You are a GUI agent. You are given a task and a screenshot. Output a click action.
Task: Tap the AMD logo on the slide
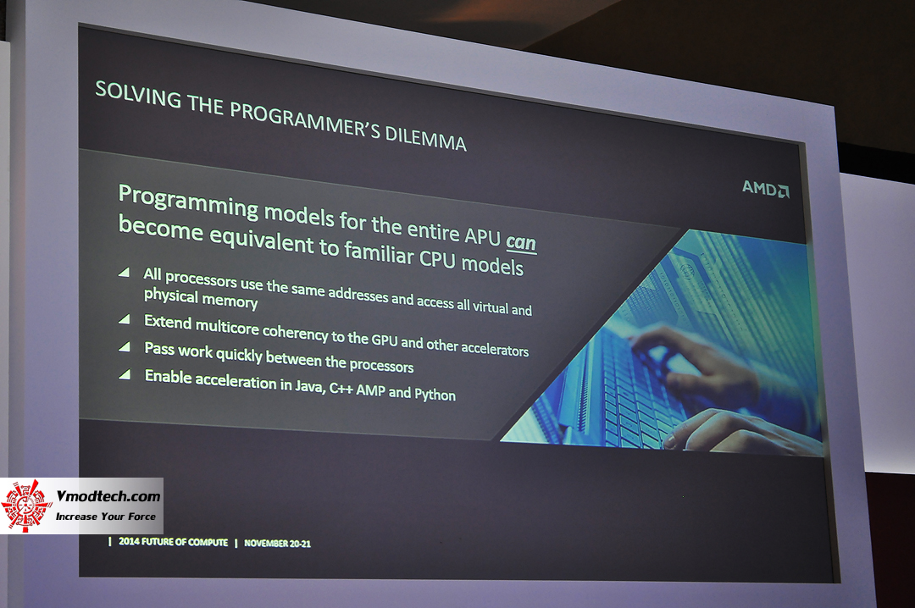tap(765, 188)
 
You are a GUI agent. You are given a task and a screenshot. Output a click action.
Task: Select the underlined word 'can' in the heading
tap(521, 243)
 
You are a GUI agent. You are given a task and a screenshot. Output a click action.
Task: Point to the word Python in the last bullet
tap(435, 395)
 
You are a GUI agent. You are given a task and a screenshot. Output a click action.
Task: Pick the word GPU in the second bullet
tap(382, 339)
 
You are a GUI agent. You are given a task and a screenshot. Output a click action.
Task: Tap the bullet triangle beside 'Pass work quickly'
tap(125, 346)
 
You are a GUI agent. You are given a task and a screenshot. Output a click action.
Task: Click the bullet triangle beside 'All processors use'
tap(125, 273)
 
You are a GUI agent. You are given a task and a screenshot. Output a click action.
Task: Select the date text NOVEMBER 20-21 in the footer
tap(277, 543)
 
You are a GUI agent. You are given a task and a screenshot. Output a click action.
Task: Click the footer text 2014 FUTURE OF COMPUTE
tap(174, 542)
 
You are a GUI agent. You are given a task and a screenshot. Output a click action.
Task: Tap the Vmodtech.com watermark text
tap(108, 497)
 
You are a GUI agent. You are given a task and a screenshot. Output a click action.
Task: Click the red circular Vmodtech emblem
tap(26, 506)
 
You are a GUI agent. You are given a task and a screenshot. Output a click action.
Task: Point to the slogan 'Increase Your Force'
tap(106, 516)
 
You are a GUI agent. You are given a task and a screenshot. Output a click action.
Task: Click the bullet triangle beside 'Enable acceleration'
tap(125, 373)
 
